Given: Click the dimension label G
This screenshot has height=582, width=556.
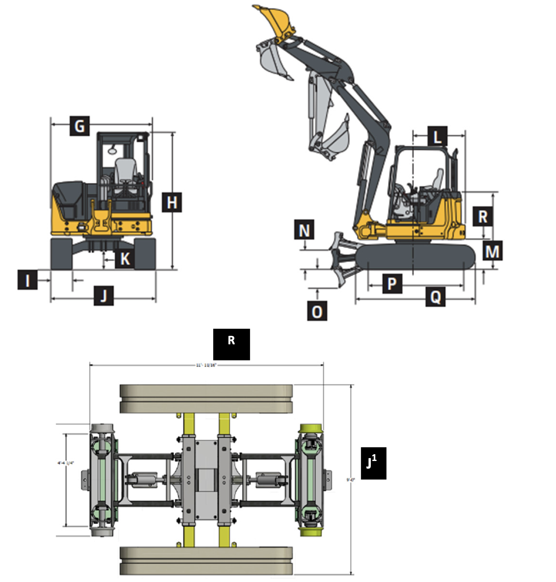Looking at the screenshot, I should (79, 126).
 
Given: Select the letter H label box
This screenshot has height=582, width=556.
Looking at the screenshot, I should (172, 202).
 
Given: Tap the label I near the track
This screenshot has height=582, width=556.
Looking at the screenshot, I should (27, 280).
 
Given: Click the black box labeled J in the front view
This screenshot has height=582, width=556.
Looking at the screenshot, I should (104, 296).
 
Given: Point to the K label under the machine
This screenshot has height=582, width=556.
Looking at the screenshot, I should (125, 259).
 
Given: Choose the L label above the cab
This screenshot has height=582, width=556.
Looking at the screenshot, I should (437, 136).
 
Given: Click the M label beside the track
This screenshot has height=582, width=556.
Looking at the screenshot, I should (492, 251).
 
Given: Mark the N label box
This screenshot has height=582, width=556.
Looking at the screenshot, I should (304, 230).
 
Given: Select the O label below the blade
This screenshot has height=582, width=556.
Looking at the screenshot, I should (317, 311).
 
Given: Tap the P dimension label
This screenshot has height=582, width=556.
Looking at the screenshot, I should (392, 283).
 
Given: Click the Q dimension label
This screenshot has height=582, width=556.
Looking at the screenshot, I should (435, 297).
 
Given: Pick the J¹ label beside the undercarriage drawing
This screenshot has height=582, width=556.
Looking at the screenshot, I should (373, 463).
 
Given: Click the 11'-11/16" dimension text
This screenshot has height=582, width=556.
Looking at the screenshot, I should (206, 365).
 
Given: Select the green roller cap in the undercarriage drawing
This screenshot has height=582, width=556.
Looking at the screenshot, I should (311, 429).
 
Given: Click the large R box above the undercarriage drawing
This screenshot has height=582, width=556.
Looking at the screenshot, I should (231, 344).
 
